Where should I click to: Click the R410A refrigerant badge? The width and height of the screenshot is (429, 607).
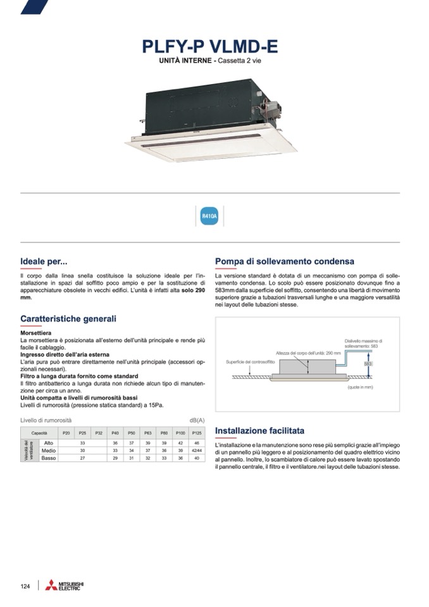tap(209, 216)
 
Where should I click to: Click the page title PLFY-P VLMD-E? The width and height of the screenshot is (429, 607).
tap(209, 48)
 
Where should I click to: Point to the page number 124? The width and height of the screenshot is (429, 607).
tap(25, 586)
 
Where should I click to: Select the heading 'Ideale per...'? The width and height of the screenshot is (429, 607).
tap(44, 261)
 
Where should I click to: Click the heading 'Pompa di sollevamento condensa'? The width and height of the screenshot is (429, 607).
tap(284, 261)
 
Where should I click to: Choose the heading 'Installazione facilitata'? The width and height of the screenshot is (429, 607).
tap(259, 430)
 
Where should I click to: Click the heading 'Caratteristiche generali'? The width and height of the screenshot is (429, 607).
tap(68, 319)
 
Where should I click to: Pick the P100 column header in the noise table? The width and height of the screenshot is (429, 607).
tap(180, 432)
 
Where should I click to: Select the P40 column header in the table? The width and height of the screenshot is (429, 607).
tap(115, 432)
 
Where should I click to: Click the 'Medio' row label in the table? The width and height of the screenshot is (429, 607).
tap(49, 450)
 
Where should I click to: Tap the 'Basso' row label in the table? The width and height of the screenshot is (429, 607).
tap(49, 458)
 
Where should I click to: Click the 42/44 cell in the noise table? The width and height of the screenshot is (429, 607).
tap(197, 450)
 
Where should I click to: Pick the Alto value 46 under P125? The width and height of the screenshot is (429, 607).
tap(197, 442)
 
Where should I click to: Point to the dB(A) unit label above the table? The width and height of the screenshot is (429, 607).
tap(197, 420)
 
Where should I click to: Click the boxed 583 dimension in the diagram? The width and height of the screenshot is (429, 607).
tap(368, 364)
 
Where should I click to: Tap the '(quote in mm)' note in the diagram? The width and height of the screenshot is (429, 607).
tap(359, 386)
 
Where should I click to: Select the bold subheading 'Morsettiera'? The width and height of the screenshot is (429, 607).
tap(36, 332)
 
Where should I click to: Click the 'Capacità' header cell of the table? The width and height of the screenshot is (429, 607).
tap(39, 432)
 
